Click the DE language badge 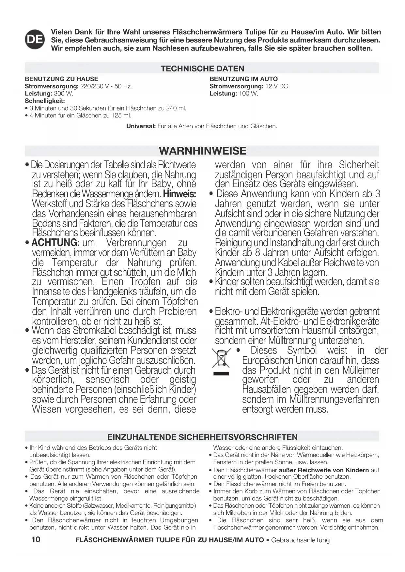(x=35, y=40)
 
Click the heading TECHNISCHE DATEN (x=202, y=68)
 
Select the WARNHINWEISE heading (x=202, y=151)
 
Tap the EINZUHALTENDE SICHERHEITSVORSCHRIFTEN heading (x=202, y=437)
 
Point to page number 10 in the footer (x=36, y=539)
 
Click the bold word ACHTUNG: (x=55, y=243)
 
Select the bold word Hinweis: (x=179, y=194)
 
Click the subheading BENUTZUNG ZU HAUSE (x=61, y=79)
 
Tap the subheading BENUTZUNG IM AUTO (x=243, y=79)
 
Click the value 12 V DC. (x=277, y=86)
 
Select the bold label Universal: (x=141, y=126)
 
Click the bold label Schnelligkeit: (x=45, y=101)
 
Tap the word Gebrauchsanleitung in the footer (x=300, y=540)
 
